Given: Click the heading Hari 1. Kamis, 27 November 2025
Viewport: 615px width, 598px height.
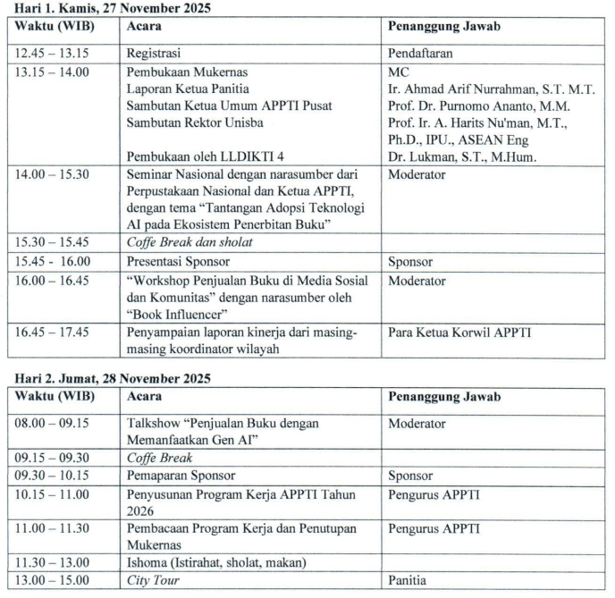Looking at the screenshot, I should (x=104, y=8).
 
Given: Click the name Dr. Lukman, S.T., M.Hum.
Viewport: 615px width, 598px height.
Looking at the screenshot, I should (x=465, y=156).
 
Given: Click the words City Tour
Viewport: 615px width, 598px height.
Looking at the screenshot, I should (x=155, y=579).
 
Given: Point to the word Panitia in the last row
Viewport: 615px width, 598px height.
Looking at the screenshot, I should (x=409, y=579).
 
